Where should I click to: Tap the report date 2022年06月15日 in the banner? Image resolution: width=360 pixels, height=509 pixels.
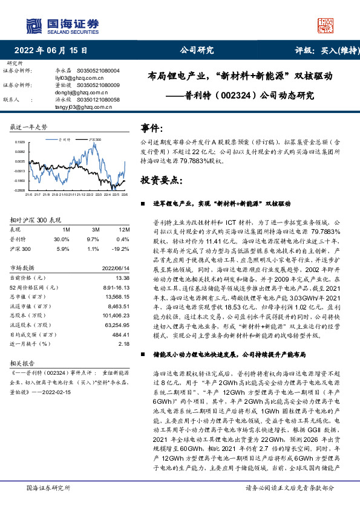[x=54, y=51]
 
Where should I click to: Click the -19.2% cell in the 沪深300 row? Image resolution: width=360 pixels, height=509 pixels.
[x=122, y=248]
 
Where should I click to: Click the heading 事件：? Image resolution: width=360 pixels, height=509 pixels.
[x=152, y=128]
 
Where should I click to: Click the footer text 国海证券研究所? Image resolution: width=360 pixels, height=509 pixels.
[x=47, y=488]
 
